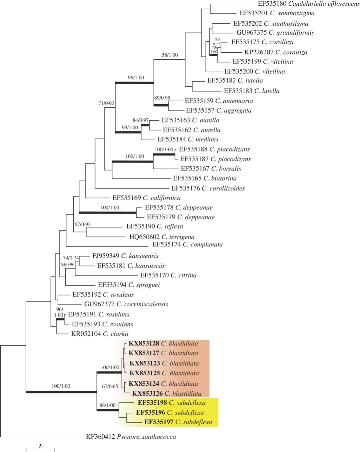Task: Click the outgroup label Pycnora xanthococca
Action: pyautogui.click(x=131, y=437)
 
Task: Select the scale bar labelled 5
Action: pyautogui.click(x=40, y=450)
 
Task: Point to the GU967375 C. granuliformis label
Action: pyautogui.click(x=275, y=33)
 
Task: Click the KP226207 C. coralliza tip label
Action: pyautogui.click(x=276, y=52)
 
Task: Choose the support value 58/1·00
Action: pyautogui.click(x=170, y=55)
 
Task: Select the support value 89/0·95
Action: pyautogui.click(x=162, y=98)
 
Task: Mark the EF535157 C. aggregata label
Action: pyautogui.click(x=219, y=111)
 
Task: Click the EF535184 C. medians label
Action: pyautogui.click(x=188, y=140)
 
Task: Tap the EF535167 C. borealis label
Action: pyautogui.click(x=211, y=169)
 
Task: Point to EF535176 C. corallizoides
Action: pyautogui.click(x=208, y=189)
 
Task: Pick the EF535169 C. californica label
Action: pyautogui.click(x=147, y=198)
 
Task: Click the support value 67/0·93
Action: pyautogui.click(x=83, y=225)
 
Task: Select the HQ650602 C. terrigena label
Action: pyautogui.click(x=162, y=237)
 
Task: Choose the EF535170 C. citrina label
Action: pyautogui.click(x=169, y=275)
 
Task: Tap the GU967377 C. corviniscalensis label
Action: pyautogui.click(x=126, y=304)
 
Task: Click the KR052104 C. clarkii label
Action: pyautogui.click(x=100, y=334)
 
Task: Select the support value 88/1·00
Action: pyautogui.click(x=108, y=405)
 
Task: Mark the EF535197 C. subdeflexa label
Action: pyautogui.click(x=178, y=422)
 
